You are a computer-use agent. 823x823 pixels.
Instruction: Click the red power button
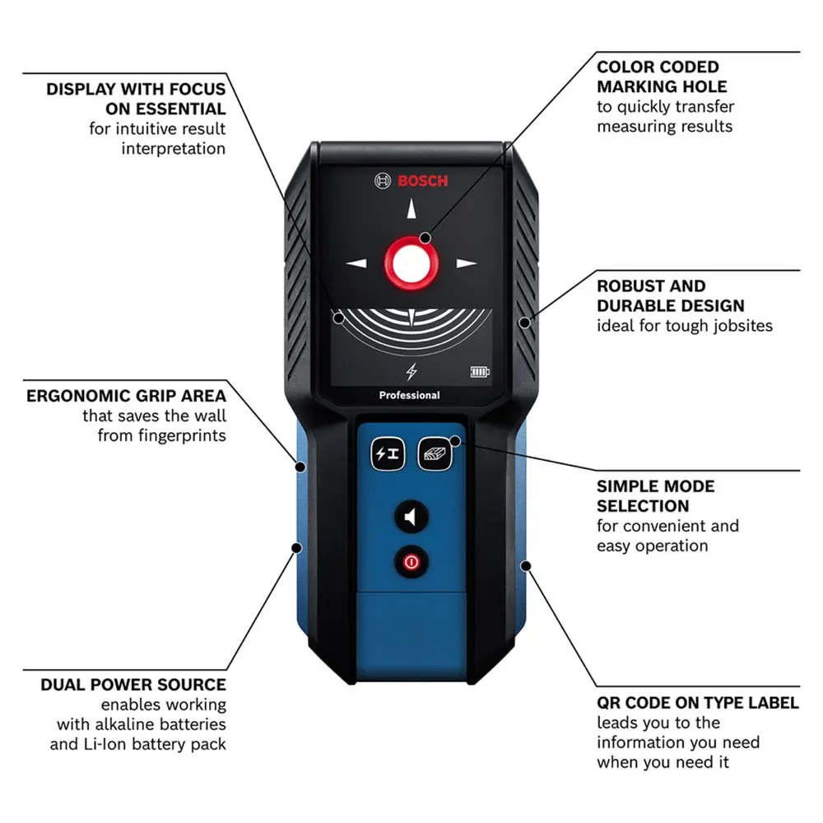coord(411,563)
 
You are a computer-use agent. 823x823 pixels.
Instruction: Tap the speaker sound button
coord(411,518)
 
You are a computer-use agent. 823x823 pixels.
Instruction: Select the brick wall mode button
coord(434,453)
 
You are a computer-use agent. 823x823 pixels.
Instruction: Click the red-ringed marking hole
coord(411,263)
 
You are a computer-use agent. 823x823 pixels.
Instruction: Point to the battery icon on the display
coord(480,372)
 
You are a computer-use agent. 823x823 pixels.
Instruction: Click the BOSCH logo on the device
coord(411,181)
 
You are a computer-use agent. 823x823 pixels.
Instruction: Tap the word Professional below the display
coord(409,396)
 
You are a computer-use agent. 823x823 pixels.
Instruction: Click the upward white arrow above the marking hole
coord(411,211)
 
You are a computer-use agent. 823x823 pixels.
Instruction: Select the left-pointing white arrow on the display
coord(356,264)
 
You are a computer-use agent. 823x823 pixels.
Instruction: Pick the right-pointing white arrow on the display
coord(466,264)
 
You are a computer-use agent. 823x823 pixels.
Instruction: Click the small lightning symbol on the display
coord(411,371)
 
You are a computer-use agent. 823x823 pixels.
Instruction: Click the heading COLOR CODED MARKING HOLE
coord(662,77)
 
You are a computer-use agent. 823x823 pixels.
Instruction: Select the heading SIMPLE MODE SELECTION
coord(655,496)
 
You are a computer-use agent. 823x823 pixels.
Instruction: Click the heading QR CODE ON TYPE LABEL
coord(697,703)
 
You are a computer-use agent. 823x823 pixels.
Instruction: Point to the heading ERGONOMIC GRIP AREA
coord(126,396)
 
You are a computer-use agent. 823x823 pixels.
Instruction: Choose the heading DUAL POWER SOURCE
coord(133,685)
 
